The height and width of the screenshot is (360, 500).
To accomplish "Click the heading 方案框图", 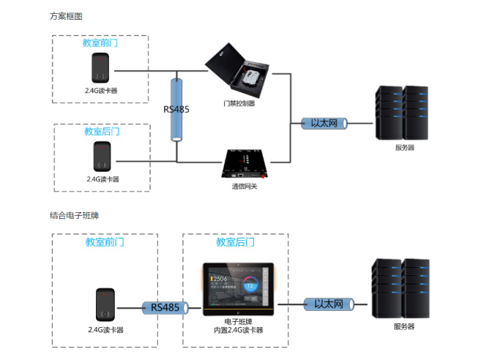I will pos(66,15).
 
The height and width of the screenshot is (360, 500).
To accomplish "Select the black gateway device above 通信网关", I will pos(246,164).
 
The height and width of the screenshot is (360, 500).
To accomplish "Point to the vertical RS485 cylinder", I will pos(176,110).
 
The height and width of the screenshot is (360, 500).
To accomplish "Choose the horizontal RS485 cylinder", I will pos(165,307).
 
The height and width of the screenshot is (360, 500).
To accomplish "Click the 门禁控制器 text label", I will pos(239,103).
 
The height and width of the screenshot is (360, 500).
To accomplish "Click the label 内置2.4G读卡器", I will pos(234,330).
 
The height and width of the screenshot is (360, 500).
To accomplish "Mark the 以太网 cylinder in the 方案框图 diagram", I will pos(324,123).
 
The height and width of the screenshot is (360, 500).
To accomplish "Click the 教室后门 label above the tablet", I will pos(235,241).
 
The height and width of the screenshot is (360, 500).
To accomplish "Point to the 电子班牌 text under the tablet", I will pos(234,321).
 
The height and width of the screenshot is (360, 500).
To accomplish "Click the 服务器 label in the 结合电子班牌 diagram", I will pos(403,326).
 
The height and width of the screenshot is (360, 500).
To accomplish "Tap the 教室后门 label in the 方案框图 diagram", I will pos(102,132).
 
